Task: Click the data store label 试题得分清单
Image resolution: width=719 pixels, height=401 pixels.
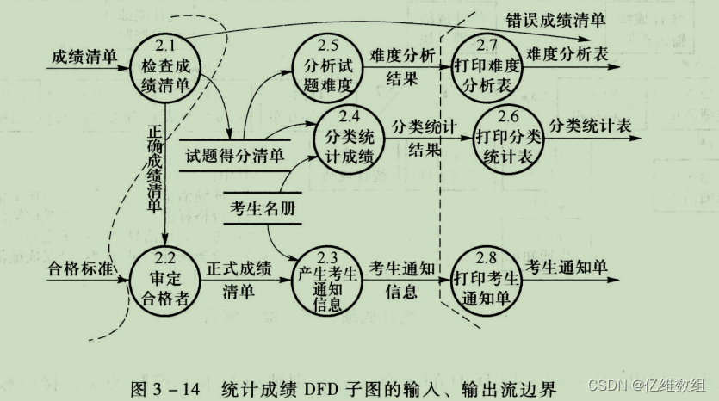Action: coord(235,157)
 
